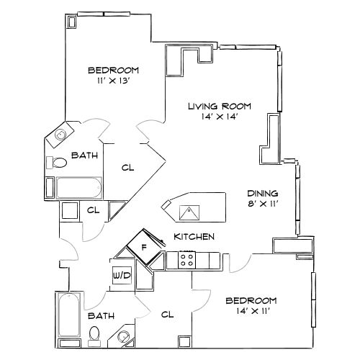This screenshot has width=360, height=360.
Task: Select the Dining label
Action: [x=262, y=193]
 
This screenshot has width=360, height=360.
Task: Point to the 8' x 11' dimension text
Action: [x=262, y=204]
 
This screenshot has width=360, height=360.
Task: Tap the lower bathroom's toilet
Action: [x=94, y=333]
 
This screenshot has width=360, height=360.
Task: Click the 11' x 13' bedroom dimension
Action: [x=113, y=81]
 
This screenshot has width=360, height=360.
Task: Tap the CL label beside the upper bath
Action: [x=127, y=167]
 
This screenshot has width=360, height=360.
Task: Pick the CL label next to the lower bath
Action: [x=167, y=314]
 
